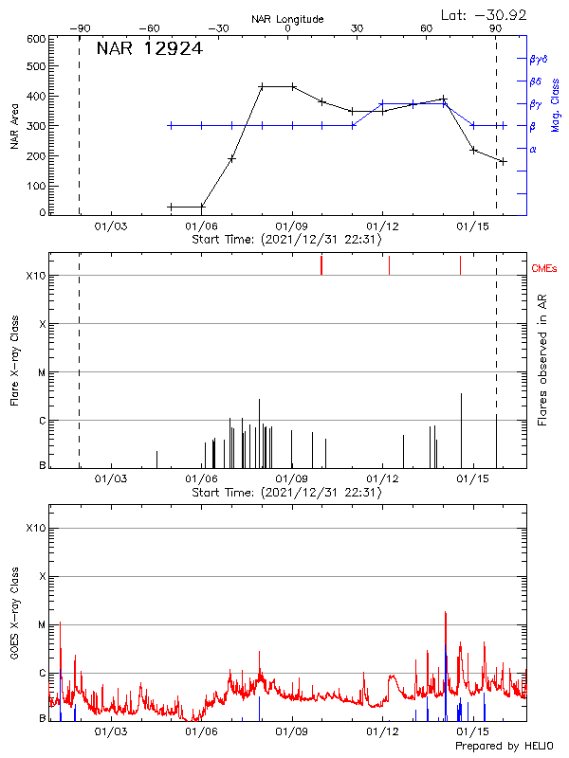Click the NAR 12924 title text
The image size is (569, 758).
point(149,49)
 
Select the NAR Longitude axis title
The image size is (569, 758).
point(287,19)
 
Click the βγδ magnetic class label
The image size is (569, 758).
point(539,59)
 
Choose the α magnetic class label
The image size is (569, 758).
point(533,149)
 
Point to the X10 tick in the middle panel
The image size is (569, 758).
point(35,276)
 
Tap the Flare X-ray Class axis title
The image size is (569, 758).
point(13,360)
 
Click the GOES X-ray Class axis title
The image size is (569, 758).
point(13,616)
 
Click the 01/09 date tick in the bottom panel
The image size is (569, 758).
point(292,731)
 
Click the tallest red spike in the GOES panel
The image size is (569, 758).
point(445,613)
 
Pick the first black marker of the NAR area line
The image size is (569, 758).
point(171,207)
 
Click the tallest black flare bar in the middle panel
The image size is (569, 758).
point(461,394)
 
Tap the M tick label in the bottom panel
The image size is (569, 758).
point(41,624)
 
